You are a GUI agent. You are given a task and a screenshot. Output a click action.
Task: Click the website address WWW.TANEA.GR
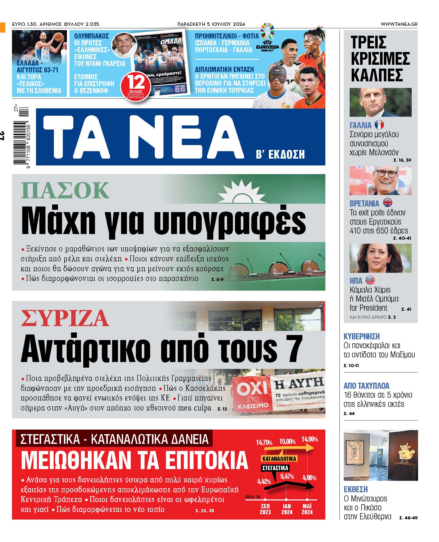point(399,24)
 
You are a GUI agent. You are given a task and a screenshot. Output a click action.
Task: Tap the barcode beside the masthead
point(21,138)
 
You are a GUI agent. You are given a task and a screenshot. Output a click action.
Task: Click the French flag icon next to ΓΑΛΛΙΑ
point(379,125)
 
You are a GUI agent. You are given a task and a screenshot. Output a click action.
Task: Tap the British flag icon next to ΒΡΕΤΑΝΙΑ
point(387,203)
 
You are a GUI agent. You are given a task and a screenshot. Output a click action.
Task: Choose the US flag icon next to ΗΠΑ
point(370,280)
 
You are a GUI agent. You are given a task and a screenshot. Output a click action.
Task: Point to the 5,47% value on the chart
point(287,476)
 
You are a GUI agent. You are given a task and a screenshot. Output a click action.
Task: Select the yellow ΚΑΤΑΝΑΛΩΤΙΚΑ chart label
point(279,459)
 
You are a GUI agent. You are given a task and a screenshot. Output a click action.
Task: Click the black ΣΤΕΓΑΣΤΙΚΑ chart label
point(275,468)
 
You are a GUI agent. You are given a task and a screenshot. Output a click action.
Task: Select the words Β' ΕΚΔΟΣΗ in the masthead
point(280,154)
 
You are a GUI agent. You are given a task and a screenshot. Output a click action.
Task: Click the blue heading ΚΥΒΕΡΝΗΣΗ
point(361,336)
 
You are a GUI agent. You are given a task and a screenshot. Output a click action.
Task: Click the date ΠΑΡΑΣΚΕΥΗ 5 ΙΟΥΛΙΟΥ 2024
point(211,24)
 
